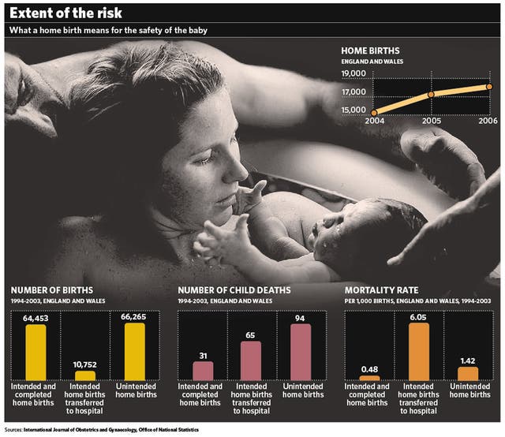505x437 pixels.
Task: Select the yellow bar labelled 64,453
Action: [x=36, y=352]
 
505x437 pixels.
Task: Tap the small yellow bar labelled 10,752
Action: [x=84, y=375]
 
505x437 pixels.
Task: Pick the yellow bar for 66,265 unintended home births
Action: [x=135, y=352]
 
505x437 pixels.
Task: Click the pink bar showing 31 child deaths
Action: [x=204, y=371]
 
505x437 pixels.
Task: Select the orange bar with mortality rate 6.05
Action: [x=419, y=352]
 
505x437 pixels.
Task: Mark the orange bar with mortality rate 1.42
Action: [x=468, y=373]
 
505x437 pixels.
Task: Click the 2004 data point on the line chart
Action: [x=375, y=113]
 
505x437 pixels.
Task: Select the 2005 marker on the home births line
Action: [x=431, y=95]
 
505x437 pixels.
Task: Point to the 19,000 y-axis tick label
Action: [x=353, y=73]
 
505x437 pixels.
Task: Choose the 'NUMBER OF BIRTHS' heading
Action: [x=49, y=290]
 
